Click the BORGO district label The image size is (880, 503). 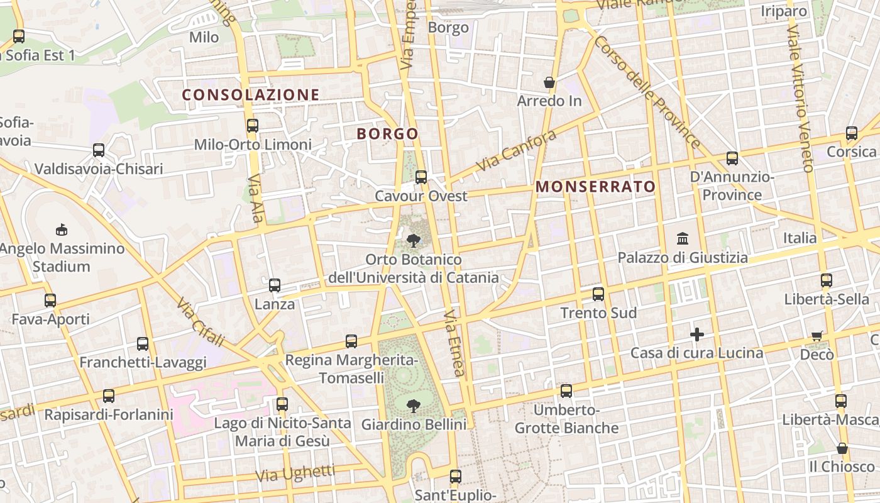(387, 134)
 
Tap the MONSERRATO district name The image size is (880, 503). (596, 187)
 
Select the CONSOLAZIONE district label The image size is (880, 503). (251, 95)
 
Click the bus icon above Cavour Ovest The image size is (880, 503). (421, 177)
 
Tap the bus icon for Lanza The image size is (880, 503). (275, 285)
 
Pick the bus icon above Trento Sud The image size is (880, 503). (598, 294)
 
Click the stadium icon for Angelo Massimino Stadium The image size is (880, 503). (62, 229)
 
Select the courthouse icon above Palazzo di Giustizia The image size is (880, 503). (683, 238)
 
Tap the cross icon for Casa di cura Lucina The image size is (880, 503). (696, 334)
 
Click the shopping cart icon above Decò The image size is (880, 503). (817, 336)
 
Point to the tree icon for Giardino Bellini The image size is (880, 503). (414, 406)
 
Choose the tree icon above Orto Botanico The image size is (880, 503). (414, 240)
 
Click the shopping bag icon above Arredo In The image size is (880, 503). (549, 82)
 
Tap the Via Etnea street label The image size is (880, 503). (455, 343)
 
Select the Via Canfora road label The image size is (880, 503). (517, 151)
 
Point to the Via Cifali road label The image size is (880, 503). (201, 323)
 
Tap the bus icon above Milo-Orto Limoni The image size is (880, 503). (253, 126)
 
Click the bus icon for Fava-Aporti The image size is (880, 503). (50, 301)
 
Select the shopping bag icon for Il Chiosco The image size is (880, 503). (842, 448)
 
